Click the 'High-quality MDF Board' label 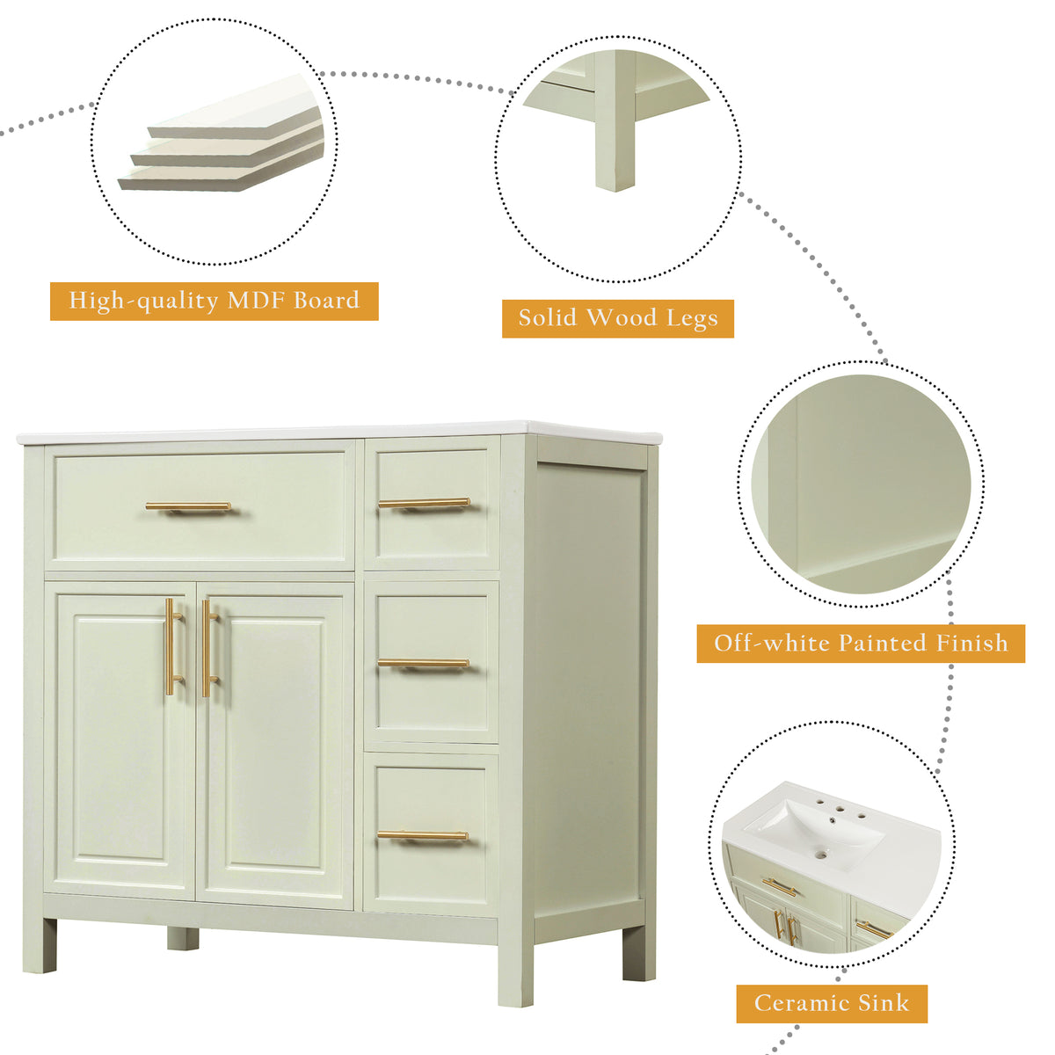pyautogui.click(x=214, y=302)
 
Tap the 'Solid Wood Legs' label pyautogui.click(x=617, y=318)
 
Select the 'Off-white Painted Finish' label pyautogui.click(x=861, y=644)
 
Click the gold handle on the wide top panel pyautogui.click(x=188, y=506)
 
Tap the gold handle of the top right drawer pyautogui.click(x=424, y=503)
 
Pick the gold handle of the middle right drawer pyautogui.click(x=423, y=663)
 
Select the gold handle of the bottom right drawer pyautogui.click(x=423, y=835)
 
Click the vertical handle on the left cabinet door pyautogui.click(x=171, y=646)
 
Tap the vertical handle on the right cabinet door pyautogui.click(x=206, y=648)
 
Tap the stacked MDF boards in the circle pyautogui.click(x=221, y=144)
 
